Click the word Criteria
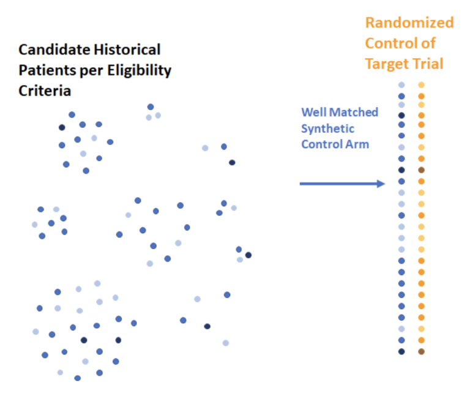click(x=45, y=91)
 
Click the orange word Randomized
click(x=409, y=23)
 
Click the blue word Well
click(x=313, y=113)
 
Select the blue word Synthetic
click(x=327, y=129)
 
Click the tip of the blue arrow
click(x=384, y=184)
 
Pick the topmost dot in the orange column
click(x=421, y=85)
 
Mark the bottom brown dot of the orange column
click(x=421, y=351)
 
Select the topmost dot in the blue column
click(x=401, y=85)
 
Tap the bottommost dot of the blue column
click(x=401, y=351)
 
